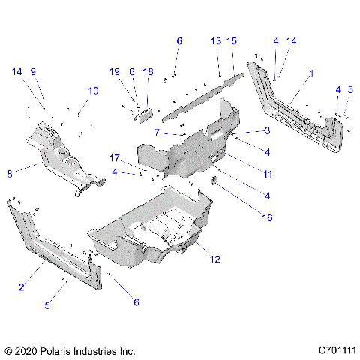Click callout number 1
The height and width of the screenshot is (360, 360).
311,74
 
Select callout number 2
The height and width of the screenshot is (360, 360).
22,286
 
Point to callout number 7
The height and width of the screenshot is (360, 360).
156,133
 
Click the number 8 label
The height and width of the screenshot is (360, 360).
10,173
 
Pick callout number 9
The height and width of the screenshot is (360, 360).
33,71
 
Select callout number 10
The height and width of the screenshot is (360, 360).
93,90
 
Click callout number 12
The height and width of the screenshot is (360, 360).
215,259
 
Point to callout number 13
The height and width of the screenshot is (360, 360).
215,40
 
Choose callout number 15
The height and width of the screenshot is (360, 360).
232,40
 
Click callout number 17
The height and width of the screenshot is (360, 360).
115,157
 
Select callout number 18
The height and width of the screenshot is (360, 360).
148,71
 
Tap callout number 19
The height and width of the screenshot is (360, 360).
115,71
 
